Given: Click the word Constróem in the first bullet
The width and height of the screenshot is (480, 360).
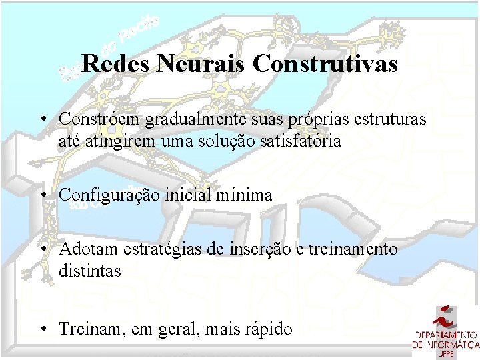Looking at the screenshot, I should click(x=99, y=118).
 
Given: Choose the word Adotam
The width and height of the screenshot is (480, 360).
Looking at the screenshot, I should click(x=83, y=249).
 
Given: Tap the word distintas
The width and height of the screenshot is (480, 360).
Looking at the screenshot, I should click(x=90, y=271).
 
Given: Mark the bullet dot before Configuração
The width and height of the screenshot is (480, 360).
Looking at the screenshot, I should click(x=43, y=195).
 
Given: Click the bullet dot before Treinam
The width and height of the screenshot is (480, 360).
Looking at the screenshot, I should click(x=43, y=329).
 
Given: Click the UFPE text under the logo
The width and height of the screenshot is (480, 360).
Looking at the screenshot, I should click(x=446, y=354).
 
